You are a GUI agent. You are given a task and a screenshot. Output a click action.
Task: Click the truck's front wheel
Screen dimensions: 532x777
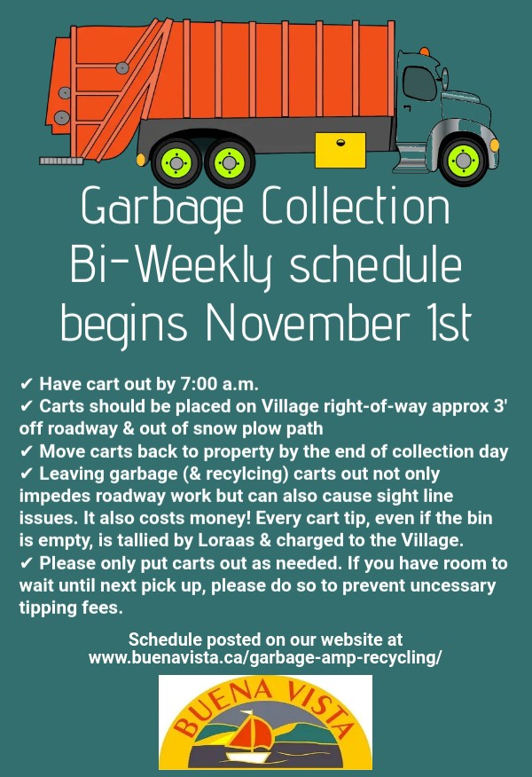(463, 160)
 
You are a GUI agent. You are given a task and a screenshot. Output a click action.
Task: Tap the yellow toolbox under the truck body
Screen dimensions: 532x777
(340, 149)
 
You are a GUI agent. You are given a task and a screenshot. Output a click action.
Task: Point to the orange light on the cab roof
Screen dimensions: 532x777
(425, 51)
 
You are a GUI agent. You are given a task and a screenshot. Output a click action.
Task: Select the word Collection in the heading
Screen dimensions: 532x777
(356, 205)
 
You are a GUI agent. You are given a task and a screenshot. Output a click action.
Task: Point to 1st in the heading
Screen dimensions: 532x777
(450, 322)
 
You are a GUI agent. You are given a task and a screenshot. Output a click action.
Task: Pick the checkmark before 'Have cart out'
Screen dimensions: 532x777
(27, 384)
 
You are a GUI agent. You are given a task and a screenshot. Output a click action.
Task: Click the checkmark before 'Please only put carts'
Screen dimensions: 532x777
(27, 563)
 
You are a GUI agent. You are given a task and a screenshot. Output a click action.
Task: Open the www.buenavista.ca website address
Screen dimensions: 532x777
(265, 657)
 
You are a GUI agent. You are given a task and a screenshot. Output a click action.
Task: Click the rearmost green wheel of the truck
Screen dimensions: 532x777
(176, 162)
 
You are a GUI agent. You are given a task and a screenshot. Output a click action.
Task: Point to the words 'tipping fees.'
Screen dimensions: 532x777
(71, 608)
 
